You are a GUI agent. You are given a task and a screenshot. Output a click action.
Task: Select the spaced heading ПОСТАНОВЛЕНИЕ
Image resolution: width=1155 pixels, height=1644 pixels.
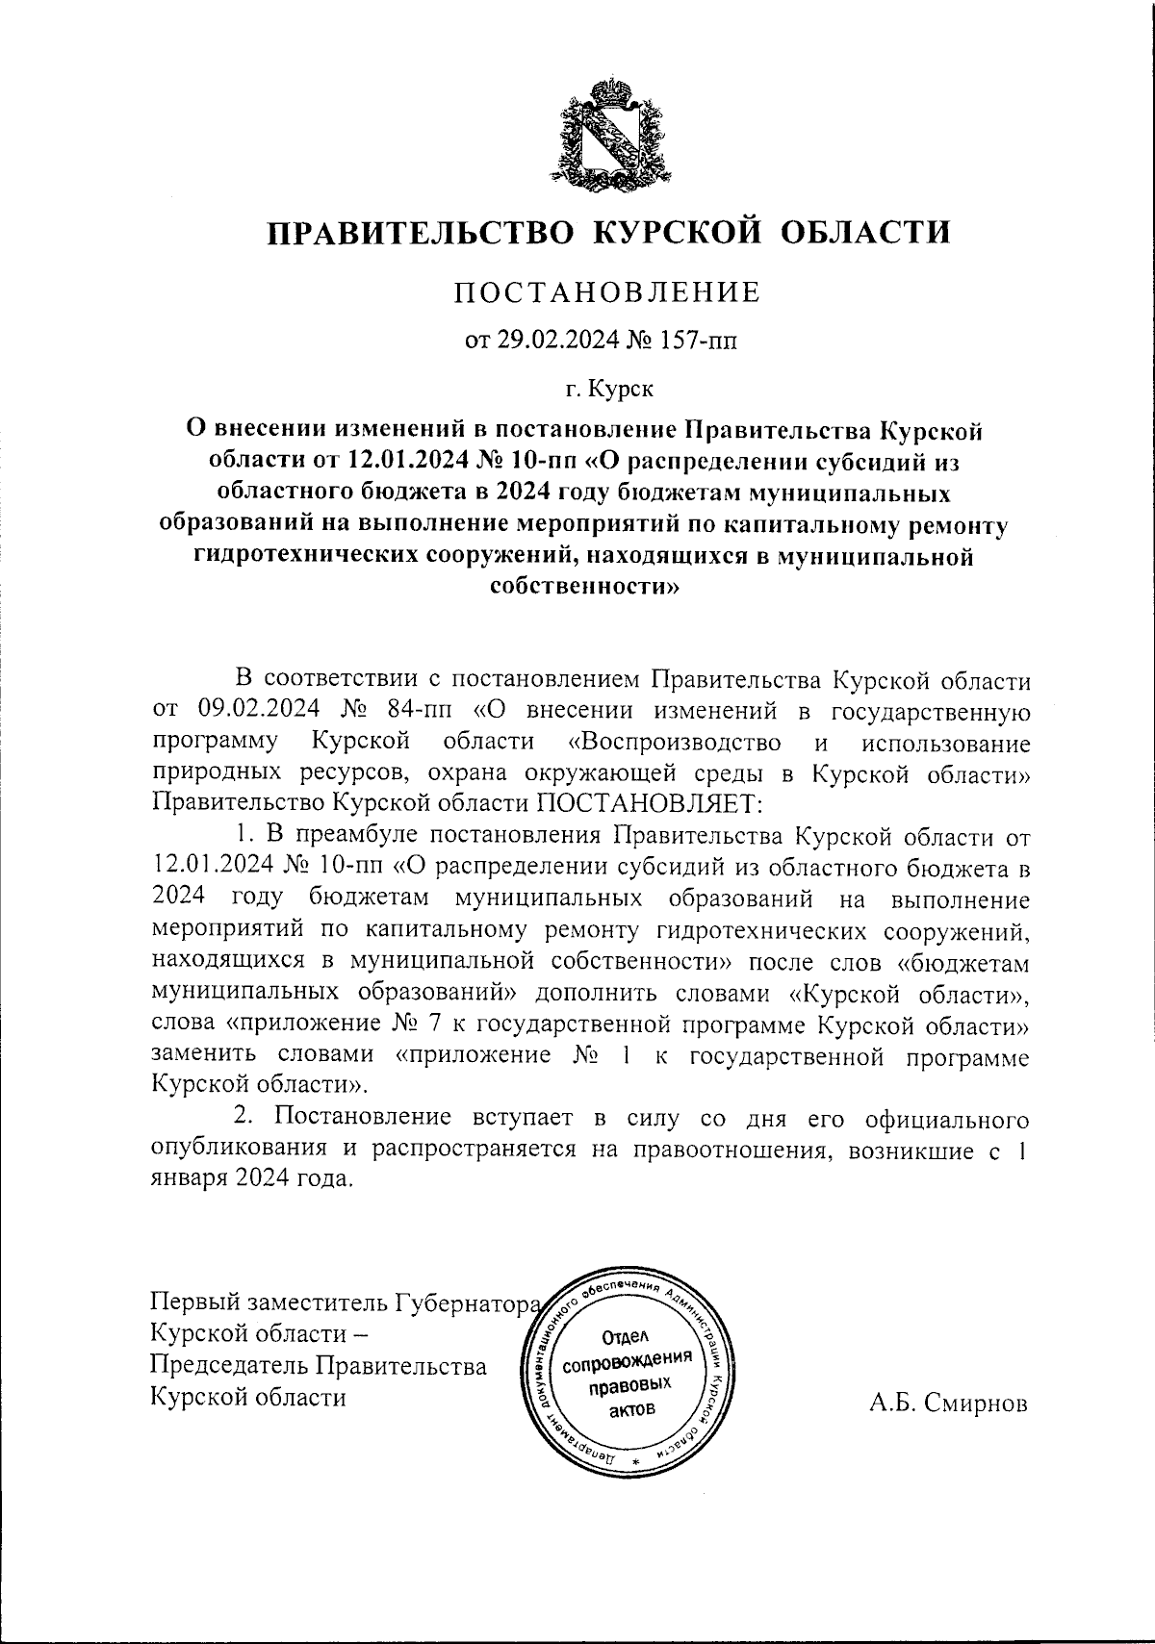point(607,291)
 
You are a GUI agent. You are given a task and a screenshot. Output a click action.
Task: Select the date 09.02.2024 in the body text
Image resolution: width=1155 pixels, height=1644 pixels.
point(255,713)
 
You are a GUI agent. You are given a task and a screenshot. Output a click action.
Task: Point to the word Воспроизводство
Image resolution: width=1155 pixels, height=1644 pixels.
point(674,743)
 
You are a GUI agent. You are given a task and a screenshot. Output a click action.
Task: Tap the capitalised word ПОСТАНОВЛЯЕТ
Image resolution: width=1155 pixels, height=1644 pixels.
point(649,802)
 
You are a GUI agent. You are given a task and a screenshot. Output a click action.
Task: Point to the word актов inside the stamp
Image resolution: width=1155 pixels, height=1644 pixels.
point(630,1410)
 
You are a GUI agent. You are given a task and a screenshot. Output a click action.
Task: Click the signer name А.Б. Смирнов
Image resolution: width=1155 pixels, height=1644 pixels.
point(948,1404)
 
